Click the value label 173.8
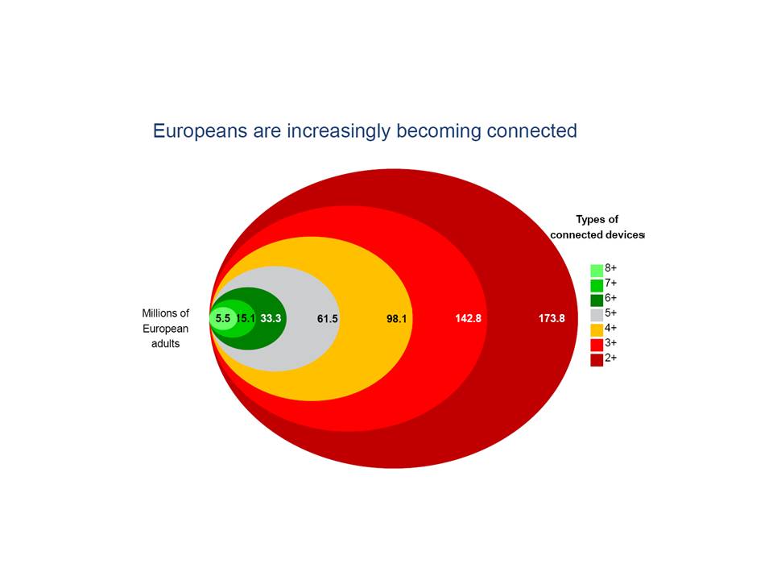pyautogui.click(x=551, y=319)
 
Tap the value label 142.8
pyautogui.click(x=468, y=319)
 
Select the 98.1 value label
pyautogui.click(x=396, y=319)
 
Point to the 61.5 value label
pyautogui.click(x=328, y=319)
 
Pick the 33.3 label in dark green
pyautogui.click(x=271, y=319)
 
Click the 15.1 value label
pyautogui.click(x=246, y=319)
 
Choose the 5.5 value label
pyautogui.click(x=223, y=319)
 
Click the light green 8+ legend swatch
pyautogui.click(x=597, y=271)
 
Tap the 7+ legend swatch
pyautogui.click(x=597, y=285)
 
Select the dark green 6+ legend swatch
pyautogui.click(x=597, y=300)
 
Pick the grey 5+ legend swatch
pyautogui.click(x=597, y=315)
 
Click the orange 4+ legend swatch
pyautogui.click(x=597, y=330)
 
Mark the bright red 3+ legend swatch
pyautogui.click(x=597, y=345)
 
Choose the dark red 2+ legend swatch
pyautogui.click(x=597, y=360)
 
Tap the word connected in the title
pyautogui.click(x=531, y=130)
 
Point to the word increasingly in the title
pyautogui.click(x=339, y=132)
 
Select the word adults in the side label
pyautogui.click(x=166, y=344)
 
